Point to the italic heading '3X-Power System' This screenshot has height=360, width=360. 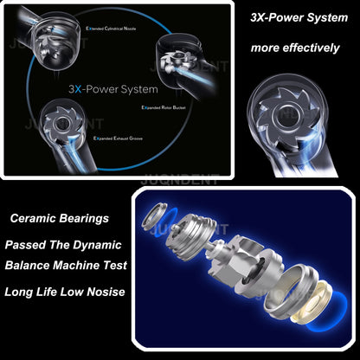292,16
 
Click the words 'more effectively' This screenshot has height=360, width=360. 295,48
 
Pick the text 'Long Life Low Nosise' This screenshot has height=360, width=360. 65,292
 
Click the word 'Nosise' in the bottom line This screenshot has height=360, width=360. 106,292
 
